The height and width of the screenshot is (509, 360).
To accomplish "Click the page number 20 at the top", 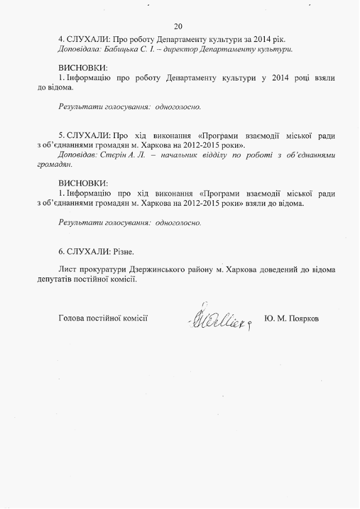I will (x=179, y=26).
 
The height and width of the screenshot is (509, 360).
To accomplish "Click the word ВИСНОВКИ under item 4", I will (x=83, y=68).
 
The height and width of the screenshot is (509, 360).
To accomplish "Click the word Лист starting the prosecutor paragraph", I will (x=67, y=270).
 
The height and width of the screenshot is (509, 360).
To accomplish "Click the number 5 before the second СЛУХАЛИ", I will (x=61, y=135).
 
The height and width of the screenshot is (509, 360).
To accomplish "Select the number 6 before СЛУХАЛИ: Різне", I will (x=61, y=252).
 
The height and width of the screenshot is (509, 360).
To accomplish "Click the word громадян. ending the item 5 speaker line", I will (x=48, y=164).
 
